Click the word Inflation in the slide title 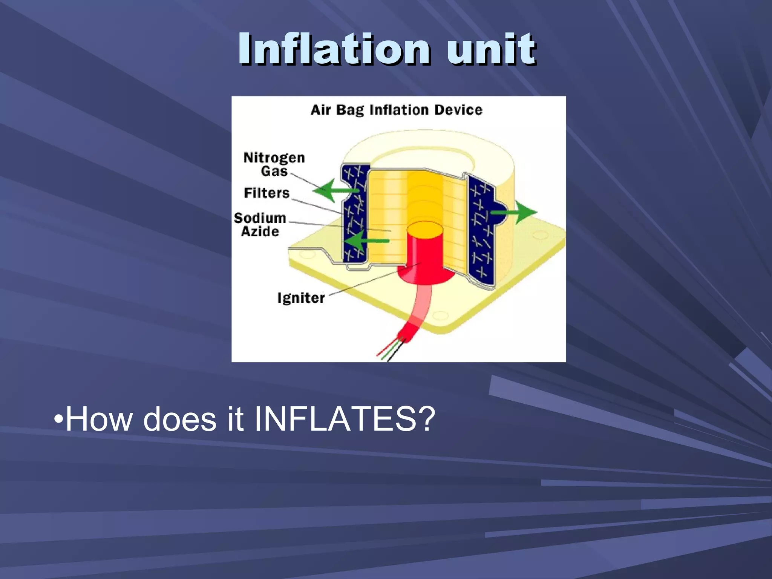point(333,49)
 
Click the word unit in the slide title point(491,49)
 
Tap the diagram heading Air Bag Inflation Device point(397,110)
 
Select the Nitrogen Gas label point(274,164)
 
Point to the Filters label point(267,193)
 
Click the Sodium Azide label point(260,224)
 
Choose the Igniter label point(301,298)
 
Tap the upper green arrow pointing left point(334,190)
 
